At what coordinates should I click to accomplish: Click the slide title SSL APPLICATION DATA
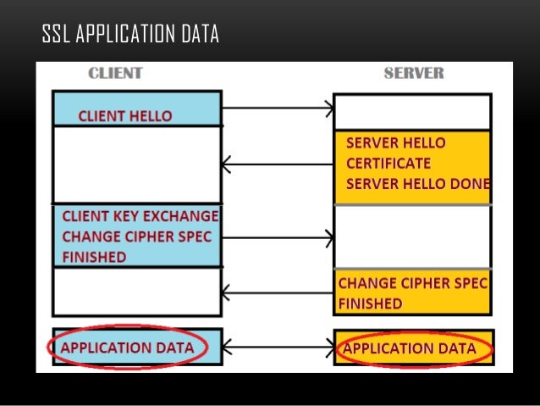[x=130, y=35]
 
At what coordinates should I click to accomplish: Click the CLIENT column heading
[x=115, y=74]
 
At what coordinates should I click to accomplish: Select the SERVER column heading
[x=413, y=74]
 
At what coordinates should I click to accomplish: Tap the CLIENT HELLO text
[x=124, y=116]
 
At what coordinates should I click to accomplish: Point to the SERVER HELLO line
[x=395, y=142]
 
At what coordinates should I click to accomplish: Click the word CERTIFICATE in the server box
[x=388, y=163]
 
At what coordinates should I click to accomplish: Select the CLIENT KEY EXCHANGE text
[x=140, y=216]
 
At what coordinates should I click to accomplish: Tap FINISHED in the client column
[x=94, y=257]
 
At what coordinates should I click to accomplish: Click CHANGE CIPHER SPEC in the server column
[x=413, y=283]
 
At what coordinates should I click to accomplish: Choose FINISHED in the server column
[x=370, y=303]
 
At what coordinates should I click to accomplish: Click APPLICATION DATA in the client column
[x=127, y=348]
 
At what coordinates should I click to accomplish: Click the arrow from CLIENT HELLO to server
[x=278, y=108]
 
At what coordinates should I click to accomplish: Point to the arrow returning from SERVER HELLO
[x=278, y=164]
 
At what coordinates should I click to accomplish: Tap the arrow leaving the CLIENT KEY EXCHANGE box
[x=278, y=237]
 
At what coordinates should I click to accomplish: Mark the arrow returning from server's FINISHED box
[x=278, y=294]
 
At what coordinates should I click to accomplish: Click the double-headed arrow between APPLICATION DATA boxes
[x=278, y=348]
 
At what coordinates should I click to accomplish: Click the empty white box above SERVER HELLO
[x=412, y=111]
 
